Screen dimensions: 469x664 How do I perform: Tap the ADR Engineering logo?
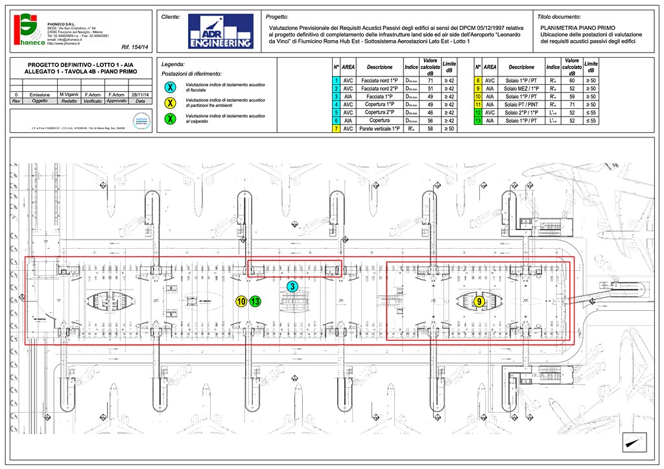220,32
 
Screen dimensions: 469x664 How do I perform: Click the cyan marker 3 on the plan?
292,286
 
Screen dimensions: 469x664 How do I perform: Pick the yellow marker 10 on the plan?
241,301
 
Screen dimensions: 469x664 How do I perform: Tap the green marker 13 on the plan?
255,301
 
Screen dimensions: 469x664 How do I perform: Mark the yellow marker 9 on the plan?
479,301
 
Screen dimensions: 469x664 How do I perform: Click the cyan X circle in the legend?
170,87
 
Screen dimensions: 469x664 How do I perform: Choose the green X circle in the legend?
170,119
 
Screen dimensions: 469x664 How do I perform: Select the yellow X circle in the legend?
170,103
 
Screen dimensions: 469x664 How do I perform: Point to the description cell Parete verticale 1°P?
379,129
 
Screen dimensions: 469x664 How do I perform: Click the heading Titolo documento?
560,16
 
